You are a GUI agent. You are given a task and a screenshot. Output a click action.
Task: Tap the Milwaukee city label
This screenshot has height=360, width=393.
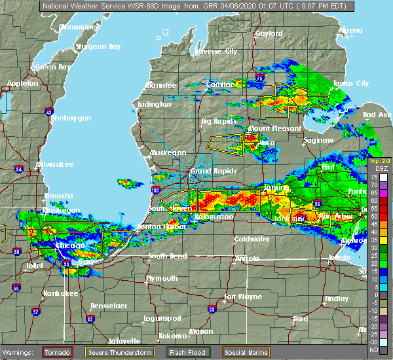coord(56,164)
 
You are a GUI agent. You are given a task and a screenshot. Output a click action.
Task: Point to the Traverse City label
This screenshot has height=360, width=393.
coord(216,50)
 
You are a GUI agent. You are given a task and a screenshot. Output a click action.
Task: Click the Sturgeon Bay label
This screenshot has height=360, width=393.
coord(98,46)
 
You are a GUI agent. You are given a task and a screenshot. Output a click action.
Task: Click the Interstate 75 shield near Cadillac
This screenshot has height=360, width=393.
coord(260,78)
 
